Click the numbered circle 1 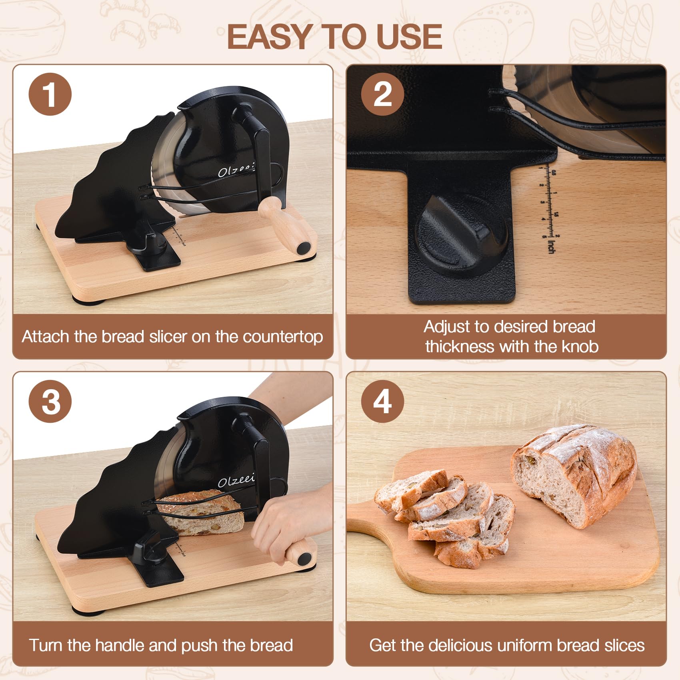[x=50, y=94]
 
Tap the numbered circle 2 [x=382, y=94]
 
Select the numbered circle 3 [x=50, y=401]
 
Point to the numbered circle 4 [x=382, y=401]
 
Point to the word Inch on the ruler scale [x=551, y=246]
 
